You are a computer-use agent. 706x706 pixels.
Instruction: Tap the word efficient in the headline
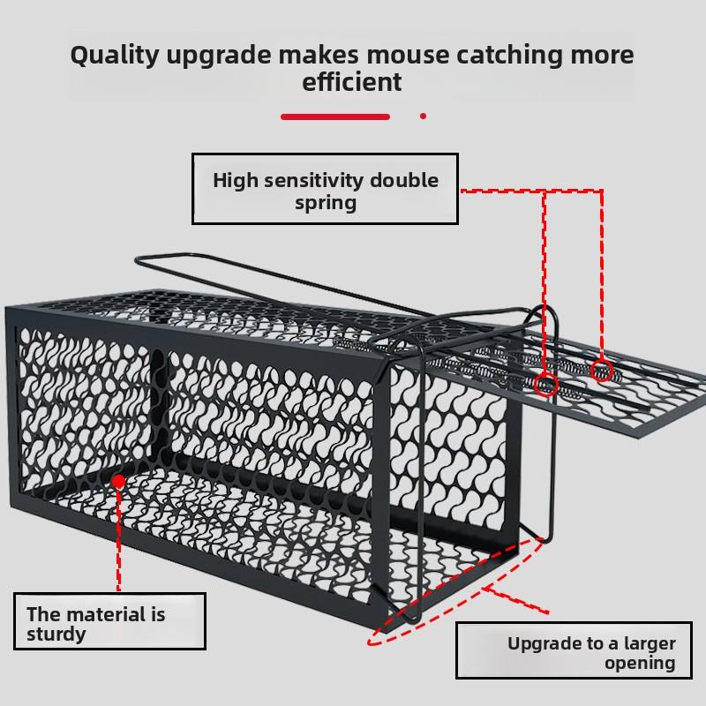[351, 81]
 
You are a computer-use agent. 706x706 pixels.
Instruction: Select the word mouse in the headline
[408, 55]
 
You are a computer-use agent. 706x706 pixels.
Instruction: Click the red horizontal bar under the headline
[335, 116]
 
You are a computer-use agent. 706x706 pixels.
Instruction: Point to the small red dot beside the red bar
[423, 116]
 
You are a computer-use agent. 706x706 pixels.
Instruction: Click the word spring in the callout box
[326, 203]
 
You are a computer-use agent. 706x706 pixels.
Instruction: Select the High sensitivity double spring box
[325, 188]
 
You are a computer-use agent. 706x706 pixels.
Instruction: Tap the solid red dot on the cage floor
[119, 482]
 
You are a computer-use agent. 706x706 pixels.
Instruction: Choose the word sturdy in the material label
[56, 635]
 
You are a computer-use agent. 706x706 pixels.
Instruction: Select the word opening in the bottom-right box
[640, 664]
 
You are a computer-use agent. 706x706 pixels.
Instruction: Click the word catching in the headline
[510, 56]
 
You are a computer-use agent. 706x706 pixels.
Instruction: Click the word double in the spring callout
[404, 180]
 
